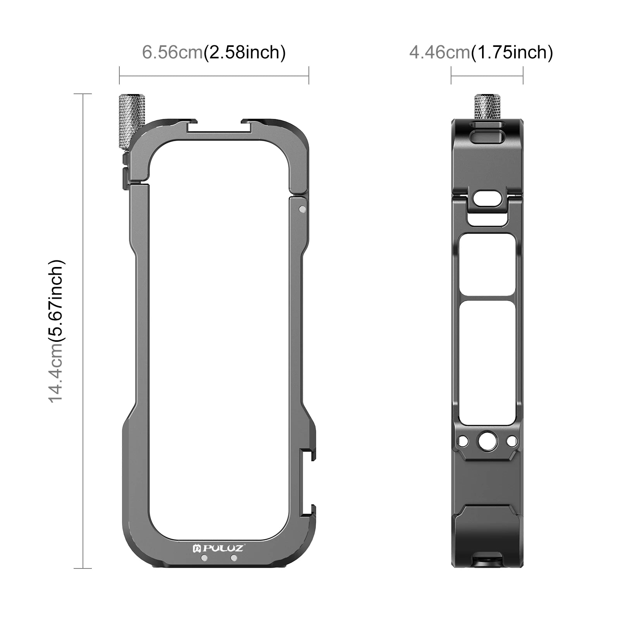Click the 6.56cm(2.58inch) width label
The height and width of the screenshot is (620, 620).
214,52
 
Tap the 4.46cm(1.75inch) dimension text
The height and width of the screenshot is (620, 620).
481,52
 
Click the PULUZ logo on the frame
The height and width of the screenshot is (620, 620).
218,548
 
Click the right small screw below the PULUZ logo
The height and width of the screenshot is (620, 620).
233,558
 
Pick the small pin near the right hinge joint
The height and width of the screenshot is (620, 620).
302,209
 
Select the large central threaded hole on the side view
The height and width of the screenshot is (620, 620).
487,441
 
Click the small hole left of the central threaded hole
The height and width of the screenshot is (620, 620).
463,441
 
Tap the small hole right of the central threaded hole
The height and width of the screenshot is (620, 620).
511,441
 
